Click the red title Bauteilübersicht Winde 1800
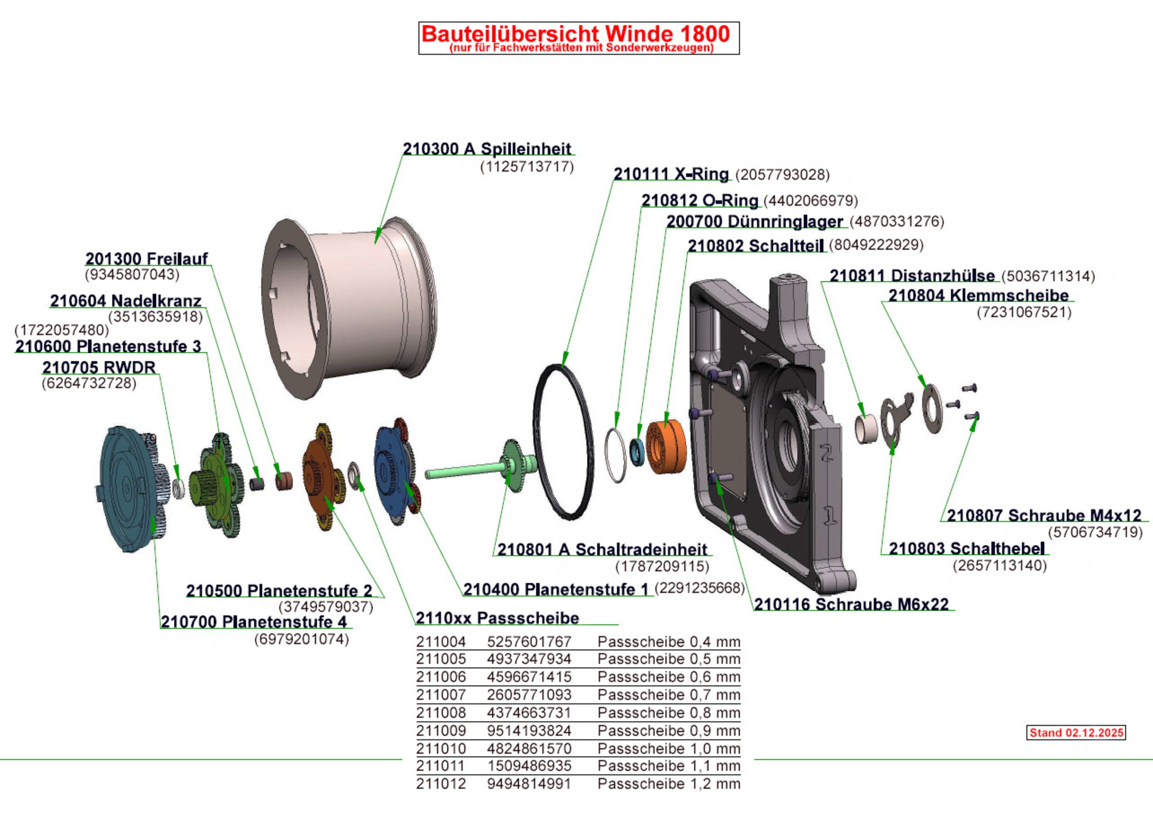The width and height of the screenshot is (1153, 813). coord(576,34)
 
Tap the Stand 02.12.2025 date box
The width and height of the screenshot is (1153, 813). coord(1076,733)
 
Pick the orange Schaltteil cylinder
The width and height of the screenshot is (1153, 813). coord(665,447)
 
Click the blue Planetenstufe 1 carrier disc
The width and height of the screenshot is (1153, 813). coord(392,472)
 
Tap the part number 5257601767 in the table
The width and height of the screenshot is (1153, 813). coord(529,642)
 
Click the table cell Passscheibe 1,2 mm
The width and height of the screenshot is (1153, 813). coord(668,783)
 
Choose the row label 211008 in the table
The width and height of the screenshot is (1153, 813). coord(440,713)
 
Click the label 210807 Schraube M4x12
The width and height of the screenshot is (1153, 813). coord(1044,515)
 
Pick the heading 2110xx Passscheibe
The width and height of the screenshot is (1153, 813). coord(497,617)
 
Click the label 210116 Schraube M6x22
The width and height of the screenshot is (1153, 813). coord(851,604)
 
